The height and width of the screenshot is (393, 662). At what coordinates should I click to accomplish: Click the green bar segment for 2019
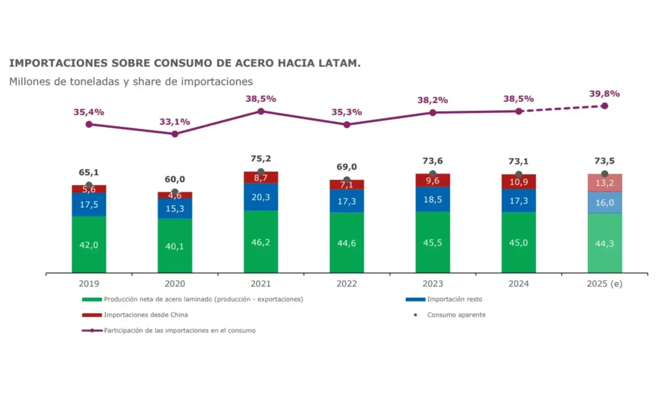[89, 244]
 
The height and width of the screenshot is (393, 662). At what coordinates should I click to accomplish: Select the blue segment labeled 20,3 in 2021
[261, 197]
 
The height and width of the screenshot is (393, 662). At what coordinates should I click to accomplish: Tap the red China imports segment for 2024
[518, 182]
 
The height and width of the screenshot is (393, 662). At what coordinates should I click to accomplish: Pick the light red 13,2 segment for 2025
[604, 183]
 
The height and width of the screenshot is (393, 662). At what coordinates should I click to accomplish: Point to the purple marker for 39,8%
[604, 106]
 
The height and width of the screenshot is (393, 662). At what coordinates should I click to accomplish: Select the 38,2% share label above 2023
[432, 100]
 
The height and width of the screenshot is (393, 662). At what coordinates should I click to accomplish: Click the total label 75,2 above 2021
[261, 159]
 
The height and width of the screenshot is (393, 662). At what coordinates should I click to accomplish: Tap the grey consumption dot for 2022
[347, 180]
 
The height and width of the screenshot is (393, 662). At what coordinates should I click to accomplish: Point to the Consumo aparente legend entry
[456, 315]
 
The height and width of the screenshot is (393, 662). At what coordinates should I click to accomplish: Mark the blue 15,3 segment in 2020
[175, 208]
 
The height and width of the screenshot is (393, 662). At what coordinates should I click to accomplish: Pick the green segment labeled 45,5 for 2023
[432, 242]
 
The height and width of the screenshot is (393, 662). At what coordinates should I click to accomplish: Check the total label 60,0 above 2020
[175, 180]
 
